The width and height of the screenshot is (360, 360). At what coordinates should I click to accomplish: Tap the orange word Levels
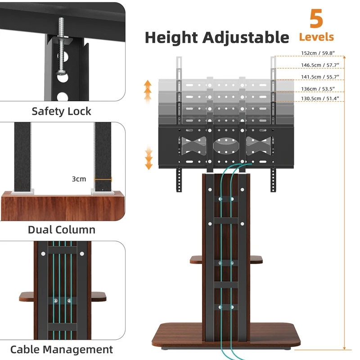click(x=316, y=37)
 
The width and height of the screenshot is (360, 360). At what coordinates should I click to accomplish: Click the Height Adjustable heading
click(x=216, y=37)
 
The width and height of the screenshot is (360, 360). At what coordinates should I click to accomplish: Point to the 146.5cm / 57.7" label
click(x=320, y=65)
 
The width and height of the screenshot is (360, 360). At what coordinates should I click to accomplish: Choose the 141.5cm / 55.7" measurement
click(x=320, y=76)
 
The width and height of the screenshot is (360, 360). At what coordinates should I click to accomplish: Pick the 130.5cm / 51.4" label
click(x=320, y=98)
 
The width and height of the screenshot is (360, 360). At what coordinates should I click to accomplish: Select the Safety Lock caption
click(x=61, y=111)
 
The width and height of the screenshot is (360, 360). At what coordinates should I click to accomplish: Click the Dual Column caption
click(x=61, y=229)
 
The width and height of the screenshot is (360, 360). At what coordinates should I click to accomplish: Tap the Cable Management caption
click(x=61, y=349)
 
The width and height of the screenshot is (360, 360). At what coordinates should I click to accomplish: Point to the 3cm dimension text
click(x=79, y=179)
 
